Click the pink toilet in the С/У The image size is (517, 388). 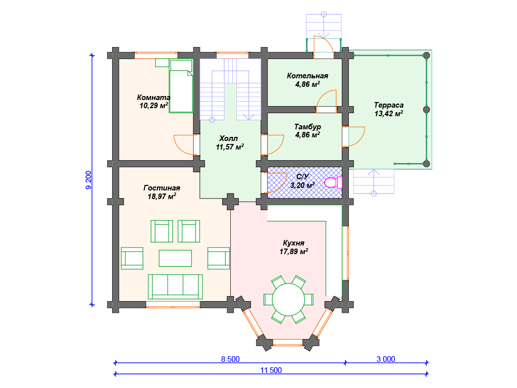click(333, 182)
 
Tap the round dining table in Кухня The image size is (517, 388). click(288, 300)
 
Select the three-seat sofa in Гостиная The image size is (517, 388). click(175, 286)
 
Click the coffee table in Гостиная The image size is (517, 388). click(175, 258)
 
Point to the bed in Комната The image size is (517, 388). click(181, 86)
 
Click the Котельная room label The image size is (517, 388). click(307, 76)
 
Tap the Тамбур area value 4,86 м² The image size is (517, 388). click(307, 134)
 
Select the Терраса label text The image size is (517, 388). click(389, 105)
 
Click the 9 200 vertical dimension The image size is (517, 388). click(88, 180)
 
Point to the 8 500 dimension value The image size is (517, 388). click(230, 359)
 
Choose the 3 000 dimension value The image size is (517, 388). click(386, 359)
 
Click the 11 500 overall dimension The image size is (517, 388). click(271, 370)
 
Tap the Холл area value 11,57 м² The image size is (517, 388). click(230, 147)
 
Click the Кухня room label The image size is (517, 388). click(293, 243)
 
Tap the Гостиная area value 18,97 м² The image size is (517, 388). click(162, 197)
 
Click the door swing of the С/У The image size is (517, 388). click(275, 182)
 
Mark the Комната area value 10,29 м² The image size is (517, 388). click(153, 106)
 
